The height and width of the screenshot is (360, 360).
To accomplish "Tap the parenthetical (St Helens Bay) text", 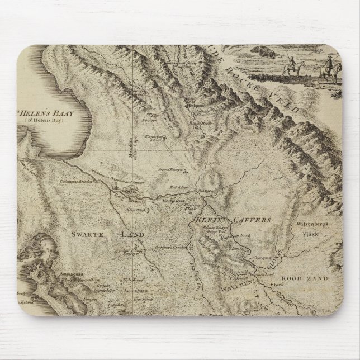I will pos(49,121).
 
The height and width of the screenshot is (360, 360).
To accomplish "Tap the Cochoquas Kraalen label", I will pos(78,181).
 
